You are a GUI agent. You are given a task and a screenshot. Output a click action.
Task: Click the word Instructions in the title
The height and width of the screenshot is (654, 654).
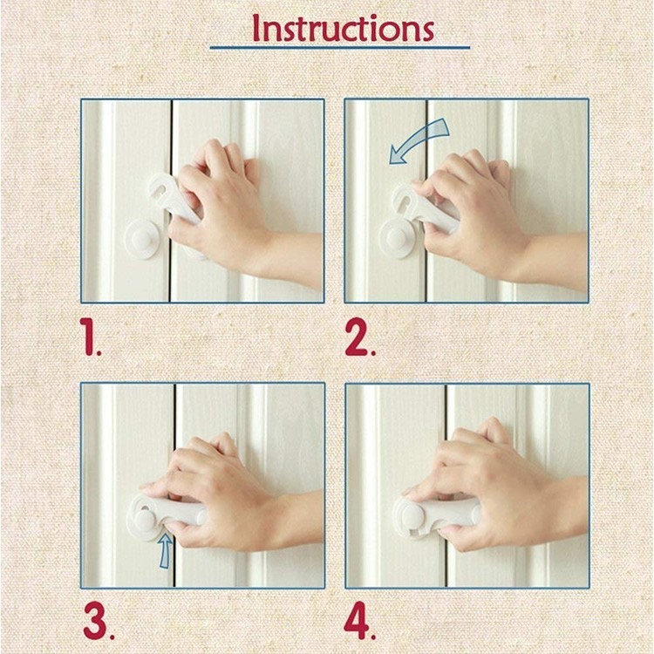[343, 28]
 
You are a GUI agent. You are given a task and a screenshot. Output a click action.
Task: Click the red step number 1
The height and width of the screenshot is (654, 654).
[91, 337]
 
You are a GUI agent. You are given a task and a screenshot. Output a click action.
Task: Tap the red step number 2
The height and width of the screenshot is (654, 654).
[360, 337]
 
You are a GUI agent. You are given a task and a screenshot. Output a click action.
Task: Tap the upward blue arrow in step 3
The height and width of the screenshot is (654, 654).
[166, 550]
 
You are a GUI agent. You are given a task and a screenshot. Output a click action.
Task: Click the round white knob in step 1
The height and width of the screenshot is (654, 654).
[142, 240]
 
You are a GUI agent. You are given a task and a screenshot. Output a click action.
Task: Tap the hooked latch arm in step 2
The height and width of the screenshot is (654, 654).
[421, 208]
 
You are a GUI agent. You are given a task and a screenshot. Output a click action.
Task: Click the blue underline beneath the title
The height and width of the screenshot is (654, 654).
[339, 48]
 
